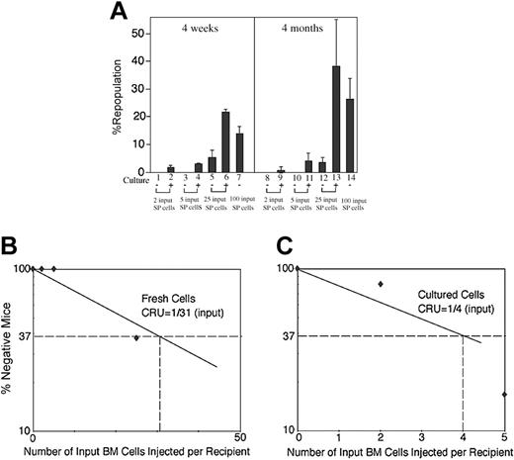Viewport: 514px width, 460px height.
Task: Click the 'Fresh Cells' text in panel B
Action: coord(169,308)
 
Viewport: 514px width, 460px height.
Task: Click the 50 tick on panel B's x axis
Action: coord(239,437)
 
